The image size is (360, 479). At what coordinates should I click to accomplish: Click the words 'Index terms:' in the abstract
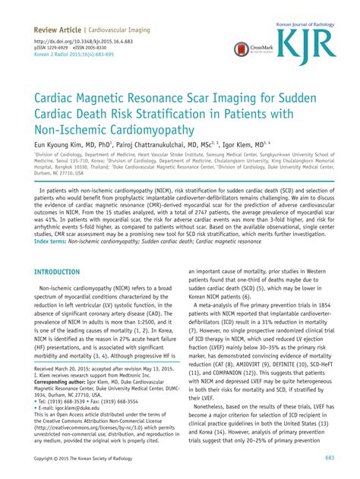point(55,241)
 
